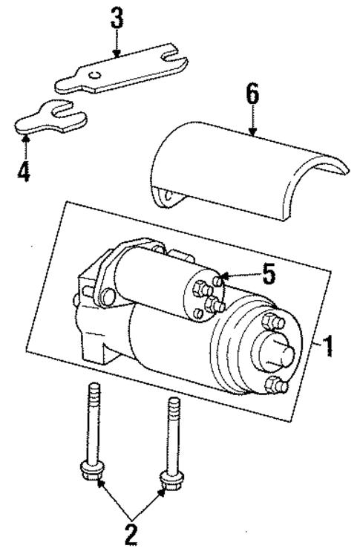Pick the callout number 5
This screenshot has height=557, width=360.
[x=268, y=273]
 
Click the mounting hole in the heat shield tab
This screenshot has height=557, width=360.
[x=169, y=196]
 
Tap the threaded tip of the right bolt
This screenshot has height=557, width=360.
[x=174, y=405]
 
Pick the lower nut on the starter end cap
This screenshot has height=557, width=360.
[x=277, y=385]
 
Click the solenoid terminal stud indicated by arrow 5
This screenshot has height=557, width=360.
[x=217, y=280]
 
